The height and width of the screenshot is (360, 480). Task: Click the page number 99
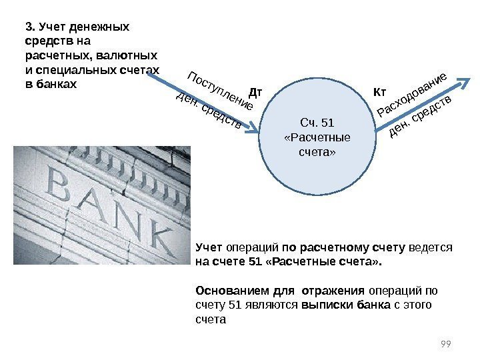pyautogui.click(x=447, y=343)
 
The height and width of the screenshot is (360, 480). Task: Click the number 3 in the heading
pyautogui.click(x=28, y=27)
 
